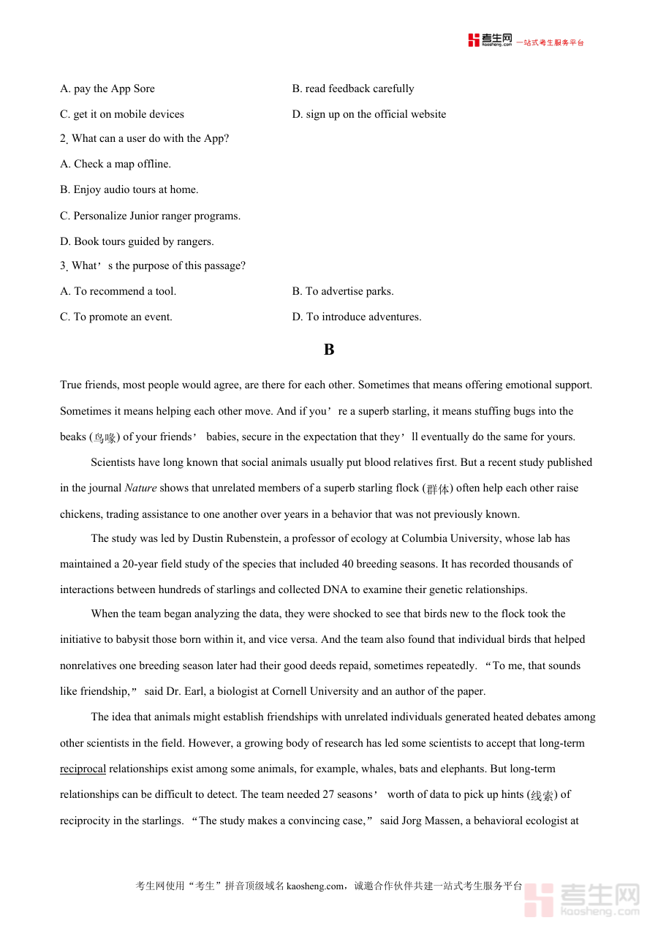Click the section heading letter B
[x=329, y=350]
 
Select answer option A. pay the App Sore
[x=107, y=88]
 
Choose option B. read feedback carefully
[x=353, y=88]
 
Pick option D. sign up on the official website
[x=369, y=114]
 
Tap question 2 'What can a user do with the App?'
[x=145, y=138]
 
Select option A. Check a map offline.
[x=116, y=164]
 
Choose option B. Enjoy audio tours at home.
[x=129, y=189]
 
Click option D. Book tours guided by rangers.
[x=137, y=241]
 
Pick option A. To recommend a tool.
[x=118, y=291]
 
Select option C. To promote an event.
[x=116, y=317]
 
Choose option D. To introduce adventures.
[x=357, y=317]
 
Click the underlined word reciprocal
[x=83, y=769]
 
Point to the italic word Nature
[x=140, y=488]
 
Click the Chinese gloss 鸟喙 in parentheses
[x=105, y=437]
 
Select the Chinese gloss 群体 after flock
[x=438, y=489]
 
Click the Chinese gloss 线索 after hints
[x=542, y=795]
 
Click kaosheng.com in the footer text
[x=314, y=886]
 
